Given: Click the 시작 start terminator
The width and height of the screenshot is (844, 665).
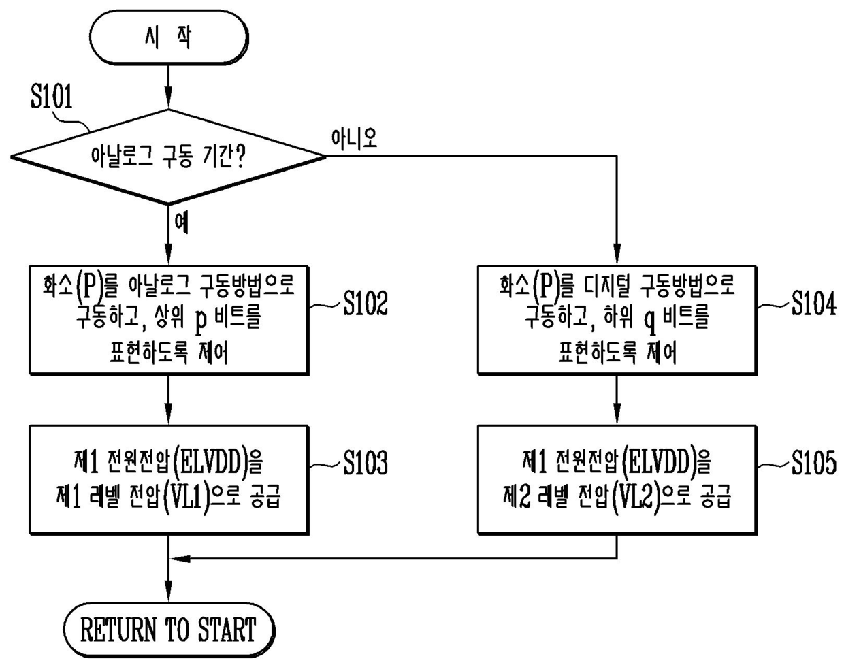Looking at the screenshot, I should [x=168, y=37].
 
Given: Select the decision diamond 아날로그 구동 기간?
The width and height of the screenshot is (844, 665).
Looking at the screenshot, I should [x=168, y=157].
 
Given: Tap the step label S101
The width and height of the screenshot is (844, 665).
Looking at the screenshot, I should [x=51, y=97].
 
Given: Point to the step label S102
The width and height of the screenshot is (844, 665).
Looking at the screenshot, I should [x=366, y=304].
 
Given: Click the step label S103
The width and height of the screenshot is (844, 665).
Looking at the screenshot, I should [x=366, y=464].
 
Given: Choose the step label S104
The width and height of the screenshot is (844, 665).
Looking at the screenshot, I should [x=813, y=304].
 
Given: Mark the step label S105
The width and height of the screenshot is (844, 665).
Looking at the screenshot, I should [x=813, y=464].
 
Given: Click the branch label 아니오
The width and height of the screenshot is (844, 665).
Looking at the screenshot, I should [x=353, y=139].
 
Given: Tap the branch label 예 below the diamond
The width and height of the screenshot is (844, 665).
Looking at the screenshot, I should [x=181, y=222].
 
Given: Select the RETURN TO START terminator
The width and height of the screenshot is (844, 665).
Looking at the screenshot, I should [x=168, y=630].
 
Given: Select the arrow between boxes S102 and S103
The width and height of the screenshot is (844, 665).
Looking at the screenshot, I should [x=168, y=400].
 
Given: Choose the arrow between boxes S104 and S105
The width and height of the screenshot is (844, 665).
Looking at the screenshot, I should [x=617, y=400].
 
